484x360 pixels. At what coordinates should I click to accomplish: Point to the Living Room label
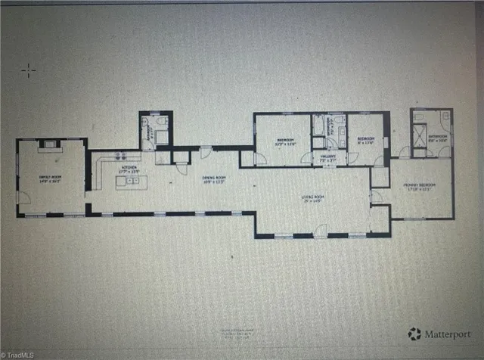coord(313,198)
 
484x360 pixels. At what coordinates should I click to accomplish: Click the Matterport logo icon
coord(414,332)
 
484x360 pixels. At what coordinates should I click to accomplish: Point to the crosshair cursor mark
coord(28,71)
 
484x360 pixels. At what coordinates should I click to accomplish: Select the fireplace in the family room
coord(50,143)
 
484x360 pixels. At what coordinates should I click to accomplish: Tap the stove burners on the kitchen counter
coord(119,157)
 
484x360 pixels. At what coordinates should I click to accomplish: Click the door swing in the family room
coord(24,197)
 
